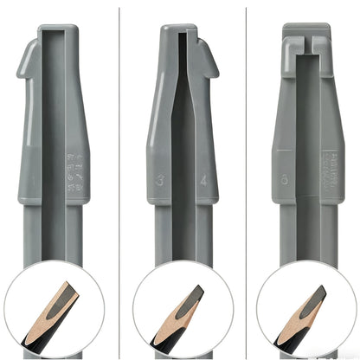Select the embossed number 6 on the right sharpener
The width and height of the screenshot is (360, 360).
pyautogui.click(x=286, y=181)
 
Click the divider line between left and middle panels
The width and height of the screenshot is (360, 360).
pyautogui.click(x=119, y=130)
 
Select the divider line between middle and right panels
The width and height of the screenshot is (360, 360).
pyautogui.click(x=247, y=130)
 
